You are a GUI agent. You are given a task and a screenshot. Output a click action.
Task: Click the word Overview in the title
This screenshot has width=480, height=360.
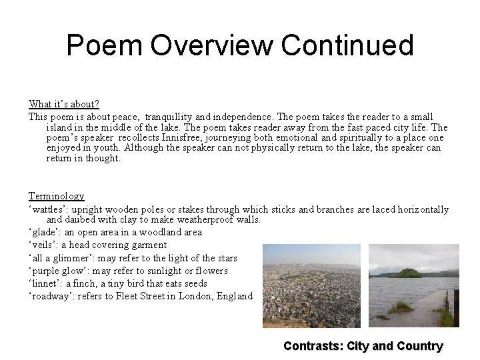point(212,45)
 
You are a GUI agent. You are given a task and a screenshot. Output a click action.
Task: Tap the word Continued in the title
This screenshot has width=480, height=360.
point(347,45)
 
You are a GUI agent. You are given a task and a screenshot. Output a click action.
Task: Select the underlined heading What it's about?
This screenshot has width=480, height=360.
point(64,104)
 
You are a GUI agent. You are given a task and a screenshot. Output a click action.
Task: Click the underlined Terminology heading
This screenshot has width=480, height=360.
point(56,196)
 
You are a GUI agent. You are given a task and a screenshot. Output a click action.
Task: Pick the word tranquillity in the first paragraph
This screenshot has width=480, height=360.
point(177,116)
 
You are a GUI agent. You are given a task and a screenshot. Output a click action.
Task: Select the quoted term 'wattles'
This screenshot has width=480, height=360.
point(49,209)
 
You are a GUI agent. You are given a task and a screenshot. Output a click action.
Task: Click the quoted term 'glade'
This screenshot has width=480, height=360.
point(43,233)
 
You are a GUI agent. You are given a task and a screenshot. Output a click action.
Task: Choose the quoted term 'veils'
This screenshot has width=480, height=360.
point(42,245)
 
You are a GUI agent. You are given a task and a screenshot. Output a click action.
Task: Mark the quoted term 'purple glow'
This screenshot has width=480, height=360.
point(57,271)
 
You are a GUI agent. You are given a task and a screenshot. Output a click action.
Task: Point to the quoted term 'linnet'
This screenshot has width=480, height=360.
point(44,283)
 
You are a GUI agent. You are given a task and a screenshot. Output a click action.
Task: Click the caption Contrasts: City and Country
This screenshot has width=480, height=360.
point(363,346)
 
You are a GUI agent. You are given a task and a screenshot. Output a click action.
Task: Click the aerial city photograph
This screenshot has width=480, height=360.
point(311,285)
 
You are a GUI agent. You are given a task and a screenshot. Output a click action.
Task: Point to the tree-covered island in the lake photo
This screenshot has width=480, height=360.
point(408,273)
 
